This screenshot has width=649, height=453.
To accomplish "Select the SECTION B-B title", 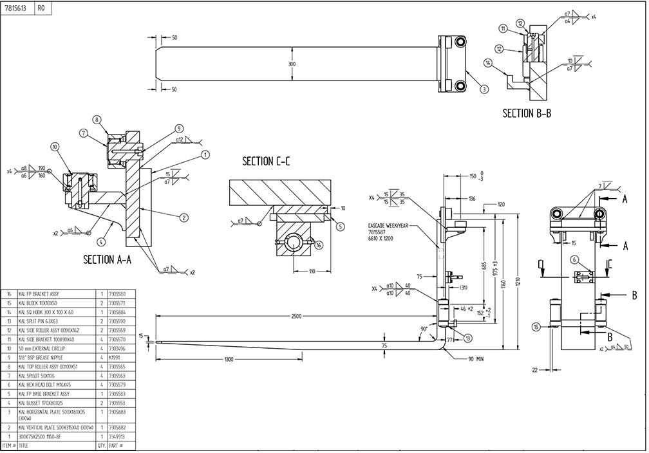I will pos(527,113).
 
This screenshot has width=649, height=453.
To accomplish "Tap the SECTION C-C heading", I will pos(266,161).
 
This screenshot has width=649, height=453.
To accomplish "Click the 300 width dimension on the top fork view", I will pos(292,64).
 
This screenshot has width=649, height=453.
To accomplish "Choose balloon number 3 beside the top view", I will pos(484,89).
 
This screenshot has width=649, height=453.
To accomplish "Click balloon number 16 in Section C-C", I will pos(319,245).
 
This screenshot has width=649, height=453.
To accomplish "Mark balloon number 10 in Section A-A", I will pos(55,147).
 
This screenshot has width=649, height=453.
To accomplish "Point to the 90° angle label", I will pos(424,329).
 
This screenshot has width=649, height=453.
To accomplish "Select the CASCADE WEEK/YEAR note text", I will pos(384,226).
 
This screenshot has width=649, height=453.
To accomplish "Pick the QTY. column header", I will pos(101,445).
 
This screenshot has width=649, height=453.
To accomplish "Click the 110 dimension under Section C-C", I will pos(312,272).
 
